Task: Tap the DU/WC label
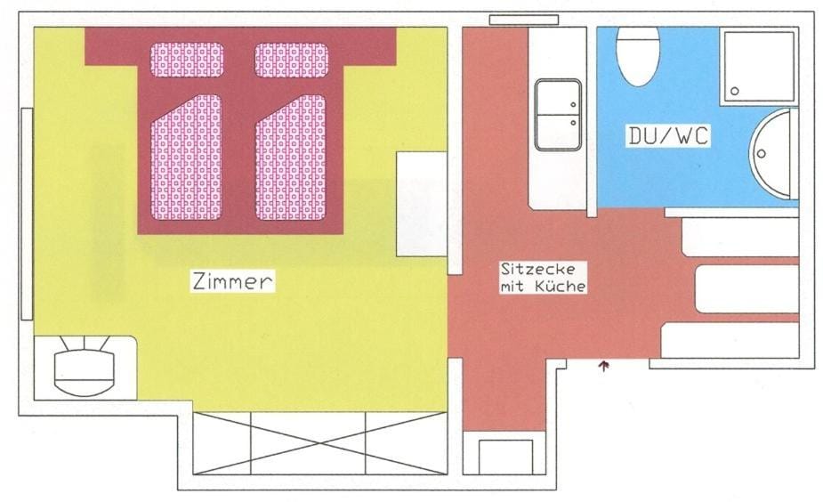click(668, 136)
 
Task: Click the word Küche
click(561, 287)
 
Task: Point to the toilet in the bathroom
click(638, 54)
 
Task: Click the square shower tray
click(758, 67)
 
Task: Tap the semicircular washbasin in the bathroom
click(773, 154)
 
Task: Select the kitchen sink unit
click(558, 115)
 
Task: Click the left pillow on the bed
click(187, 60)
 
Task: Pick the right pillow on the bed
click(292, 60)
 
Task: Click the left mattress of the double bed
click(186, 158)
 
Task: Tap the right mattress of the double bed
click(291, 158)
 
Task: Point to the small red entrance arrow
click(604, 364)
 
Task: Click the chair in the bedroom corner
click(85, 367)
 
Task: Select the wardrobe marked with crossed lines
click(319, 442)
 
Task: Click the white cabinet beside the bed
click(422, 204)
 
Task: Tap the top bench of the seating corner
click(740, 238)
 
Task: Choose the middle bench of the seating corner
click(746, 288)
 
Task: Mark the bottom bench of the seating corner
click(730, 340)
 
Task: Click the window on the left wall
click(27, 214)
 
